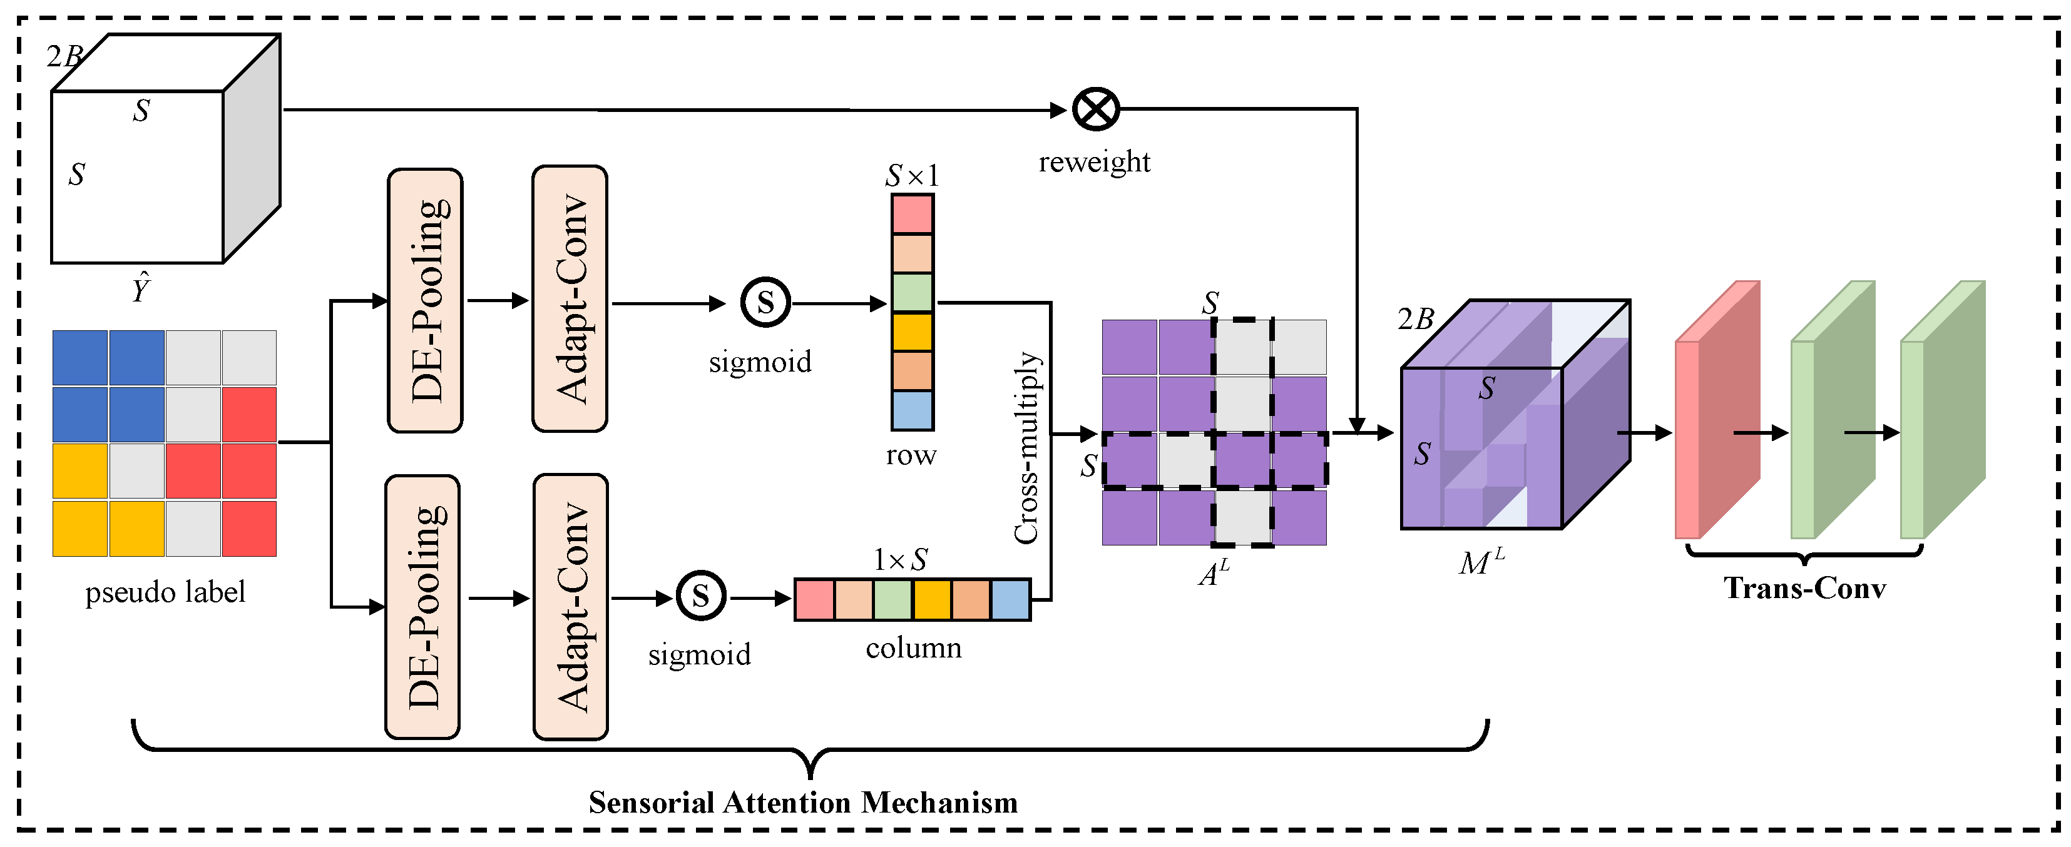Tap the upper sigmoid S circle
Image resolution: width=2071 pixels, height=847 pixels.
[x=765, y=303]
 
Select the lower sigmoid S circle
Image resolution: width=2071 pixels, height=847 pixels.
[x=700, y=596]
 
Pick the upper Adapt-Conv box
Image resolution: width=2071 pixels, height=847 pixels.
[x=570, y=299]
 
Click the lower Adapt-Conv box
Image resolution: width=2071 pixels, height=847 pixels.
[x=571, y=607]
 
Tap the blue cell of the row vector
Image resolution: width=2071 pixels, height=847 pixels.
[x=912, y=410]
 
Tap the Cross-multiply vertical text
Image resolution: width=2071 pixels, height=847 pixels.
[x=1026, y=448]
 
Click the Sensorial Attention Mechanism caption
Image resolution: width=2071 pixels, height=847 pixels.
[x=802, y=803]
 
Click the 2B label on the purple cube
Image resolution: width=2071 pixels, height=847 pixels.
[x=1415, y=320]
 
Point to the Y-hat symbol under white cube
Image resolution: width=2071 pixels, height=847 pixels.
[x=141, y=288]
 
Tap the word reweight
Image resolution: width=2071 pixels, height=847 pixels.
[x=1094, y=162]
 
